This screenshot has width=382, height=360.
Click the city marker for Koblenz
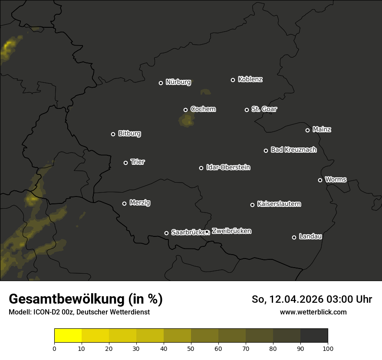233,80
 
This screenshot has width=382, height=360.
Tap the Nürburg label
178,82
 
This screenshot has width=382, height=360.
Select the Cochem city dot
185,110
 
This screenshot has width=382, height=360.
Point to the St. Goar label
264,109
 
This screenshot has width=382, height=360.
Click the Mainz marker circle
307,130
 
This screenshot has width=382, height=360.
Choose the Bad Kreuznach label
293,150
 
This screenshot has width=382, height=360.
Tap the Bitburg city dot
113,134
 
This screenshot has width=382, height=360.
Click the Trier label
138,162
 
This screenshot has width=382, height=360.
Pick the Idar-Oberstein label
228,167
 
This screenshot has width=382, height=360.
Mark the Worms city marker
320,180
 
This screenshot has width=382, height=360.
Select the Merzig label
140,203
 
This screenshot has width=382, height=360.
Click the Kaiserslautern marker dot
252,205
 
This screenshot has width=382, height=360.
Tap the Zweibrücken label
231,231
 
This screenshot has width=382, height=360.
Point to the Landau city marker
294,237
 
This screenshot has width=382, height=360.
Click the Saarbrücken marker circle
166,233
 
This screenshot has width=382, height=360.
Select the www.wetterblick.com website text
313,312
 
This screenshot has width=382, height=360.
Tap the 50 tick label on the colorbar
191,348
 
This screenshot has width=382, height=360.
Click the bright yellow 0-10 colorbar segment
68,335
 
